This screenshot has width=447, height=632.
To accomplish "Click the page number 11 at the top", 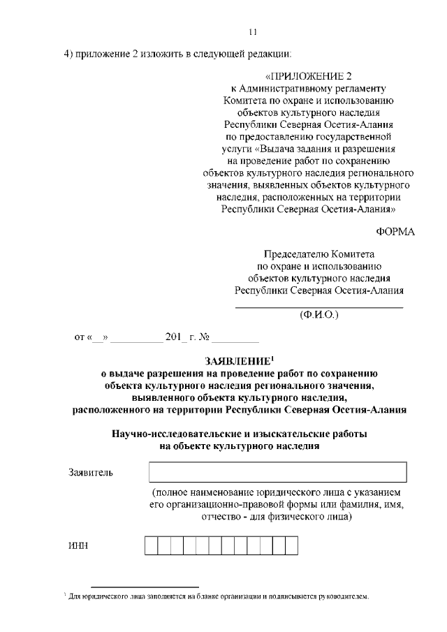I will click(253, 31).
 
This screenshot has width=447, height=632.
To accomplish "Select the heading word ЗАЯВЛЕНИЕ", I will click(235, 361).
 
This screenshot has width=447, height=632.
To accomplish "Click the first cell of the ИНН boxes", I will click(151, 545).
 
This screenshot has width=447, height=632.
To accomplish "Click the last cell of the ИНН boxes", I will click(291, 545).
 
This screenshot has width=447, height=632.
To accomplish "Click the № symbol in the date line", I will click(205, 338).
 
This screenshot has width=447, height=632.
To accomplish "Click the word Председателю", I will click(292, 255).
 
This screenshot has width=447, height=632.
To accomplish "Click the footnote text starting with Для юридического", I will click(217, 597).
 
